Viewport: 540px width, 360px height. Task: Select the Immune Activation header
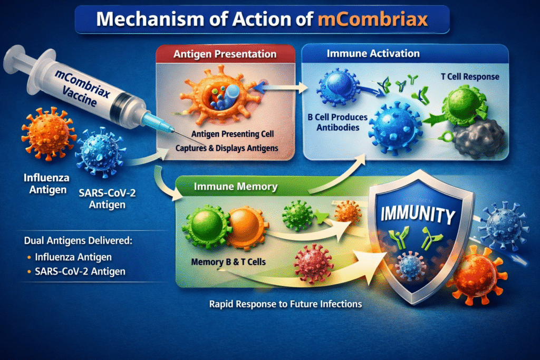coord(373,54)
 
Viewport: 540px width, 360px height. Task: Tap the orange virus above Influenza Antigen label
coord(46,134)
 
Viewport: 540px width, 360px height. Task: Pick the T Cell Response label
coord(469,77)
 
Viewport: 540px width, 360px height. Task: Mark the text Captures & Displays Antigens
coord(226,148)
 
